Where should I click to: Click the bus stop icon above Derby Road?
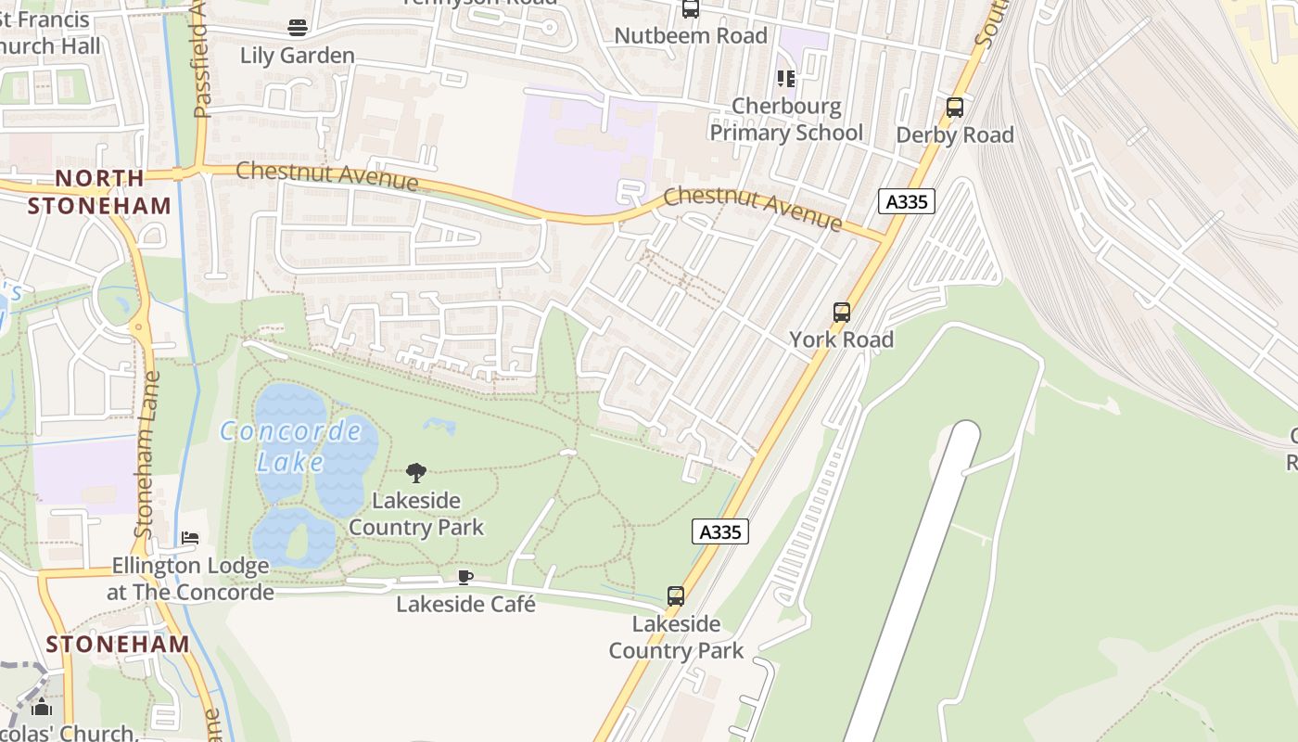[x=955, y=108]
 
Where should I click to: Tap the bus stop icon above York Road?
[x=842, y=313]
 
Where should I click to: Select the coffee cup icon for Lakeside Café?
[x=465, y=578]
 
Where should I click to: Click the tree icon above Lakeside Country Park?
[x=416, y=473]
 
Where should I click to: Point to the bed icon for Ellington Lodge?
[x=190, y=538]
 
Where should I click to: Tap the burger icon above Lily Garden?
[x=297, y=28]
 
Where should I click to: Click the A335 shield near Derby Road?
[x=906, y=201]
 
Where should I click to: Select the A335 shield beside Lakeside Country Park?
[x=719, y=531]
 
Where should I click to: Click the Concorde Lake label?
[x=291, y=446]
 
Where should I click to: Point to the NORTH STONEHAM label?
[x=99, y=192]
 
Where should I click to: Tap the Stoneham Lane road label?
[x=147, y=454]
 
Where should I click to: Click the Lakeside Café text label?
[x=465, y=605]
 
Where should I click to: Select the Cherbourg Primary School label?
[x=786, y=120]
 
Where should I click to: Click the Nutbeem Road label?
[x=691, y=36]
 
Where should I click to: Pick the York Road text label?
[x=842, y=339]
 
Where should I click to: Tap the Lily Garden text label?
[x=297, y=56]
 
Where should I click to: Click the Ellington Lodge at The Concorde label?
[x=190, y=579]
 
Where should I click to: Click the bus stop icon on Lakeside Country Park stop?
[x=676, y=596]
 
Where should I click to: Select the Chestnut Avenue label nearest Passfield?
[x=326, y=175]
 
